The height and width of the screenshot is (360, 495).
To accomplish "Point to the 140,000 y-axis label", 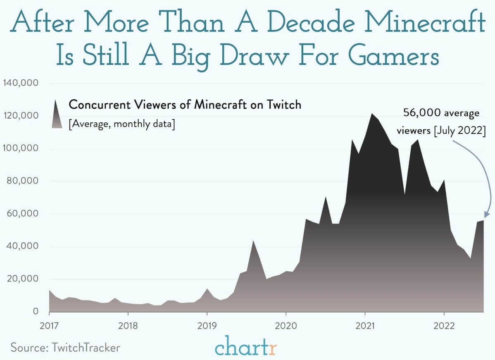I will click(x=21, y=83).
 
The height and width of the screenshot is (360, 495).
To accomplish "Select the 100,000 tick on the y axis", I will click(x=21, y=148).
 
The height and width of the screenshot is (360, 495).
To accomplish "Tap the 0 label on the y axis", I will click(x=36, y=311).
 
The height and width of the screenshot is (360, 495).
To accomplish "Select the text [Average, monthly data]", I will click(x=121, y=124).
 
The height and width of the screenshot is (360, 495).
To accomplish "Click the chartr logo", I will click(x=246, y=348).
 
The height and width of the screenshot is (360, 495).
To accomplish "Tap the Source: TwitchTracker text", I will click(x=65, y=347).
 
